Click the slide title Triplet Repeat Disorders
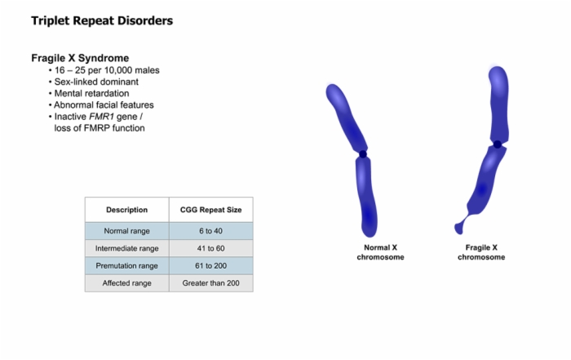(102, 20)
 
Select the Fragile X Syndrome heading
(80, 58)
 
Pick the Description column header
(126, 210)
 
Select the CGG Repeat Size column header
(210, 210)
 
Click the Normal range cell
(126, 231)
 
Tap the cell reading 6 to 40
(210, 231)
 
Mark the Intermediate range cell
(126, 248)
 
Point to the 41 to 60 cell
(210, 248)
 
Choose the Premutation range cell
(126, 265)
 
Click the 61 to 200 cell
(210, 265)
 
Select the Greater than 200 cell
(210, 283)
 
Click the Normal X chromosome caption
(381, 252)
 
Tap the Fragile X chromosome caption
(481, 252)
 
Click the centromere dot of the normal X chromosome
(363, 154)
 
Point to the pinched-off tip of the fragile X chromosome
(458, 229)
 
